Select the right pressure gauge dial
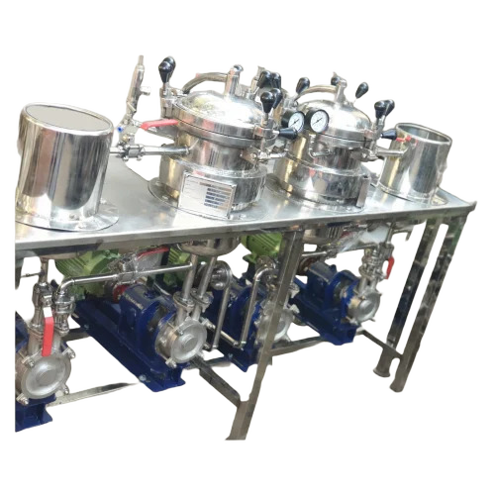click(319, 120)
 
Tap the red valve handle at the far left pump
click(47, 332)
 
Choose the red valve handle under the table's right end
click(390, 266)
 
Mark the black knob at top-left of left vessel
click(166, 68)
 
